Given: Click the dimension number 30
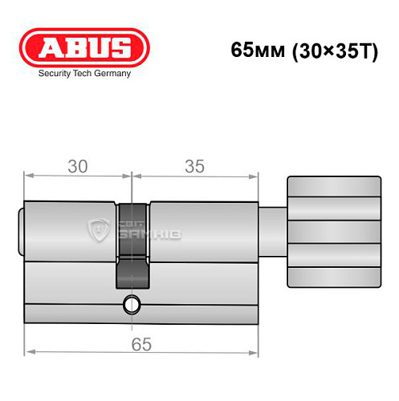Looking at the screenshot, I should tap(78, 167).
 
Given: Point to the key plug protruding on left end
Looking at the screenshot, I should tap(21, 234).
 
